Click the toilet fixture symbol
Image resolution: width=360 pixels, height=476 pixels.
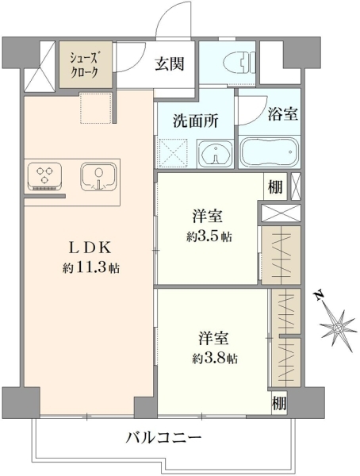(x=239, y=63)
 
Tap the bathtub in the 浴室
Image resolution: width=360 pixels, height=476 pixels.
(x=270, y=152)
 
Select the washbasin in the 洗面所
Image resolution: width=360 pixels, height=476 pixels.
(x=215, y=154)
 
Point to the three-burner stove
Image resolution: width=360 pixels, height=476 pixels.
(x=44, y=177)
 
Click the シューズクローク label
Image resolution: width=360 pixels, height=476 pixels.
(x=84, y=65)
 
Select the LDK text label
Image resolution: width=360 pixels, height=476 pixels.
(x=90, y=248)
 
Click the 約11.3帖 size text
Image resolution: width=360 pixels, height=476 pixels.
(x=90, y=268)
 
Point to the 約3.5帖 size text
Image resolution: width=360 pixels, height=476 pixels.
(x=209, y=236)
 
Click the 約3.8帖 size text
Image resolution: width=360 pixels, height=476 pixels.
(x=215, y=359)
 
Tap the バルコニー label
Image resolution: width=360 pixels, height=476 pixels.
(x=164, y=438)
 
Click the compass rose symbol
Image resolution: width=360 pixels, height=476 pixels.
(x=338, y=328)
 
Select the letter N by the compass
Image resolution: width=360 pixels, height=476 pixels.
(x=318, y=295)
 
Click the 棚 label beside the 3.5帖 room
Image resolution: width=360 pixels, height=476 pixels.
(x=275, y=186)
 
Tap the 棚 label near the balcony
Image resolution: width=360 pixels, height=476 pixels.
(x=278, y=404)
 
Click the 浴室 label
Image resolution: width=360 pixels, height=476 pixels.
(x=282, y=114)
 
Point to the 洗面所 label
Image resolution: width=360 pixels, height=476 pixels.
(x=196, y=121)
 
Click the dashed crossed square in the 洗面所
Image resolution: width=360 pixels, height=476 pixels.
(x=172, y=152)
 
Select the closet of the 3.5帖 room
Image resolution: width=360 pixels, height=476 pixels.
(x=281, y=255)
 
